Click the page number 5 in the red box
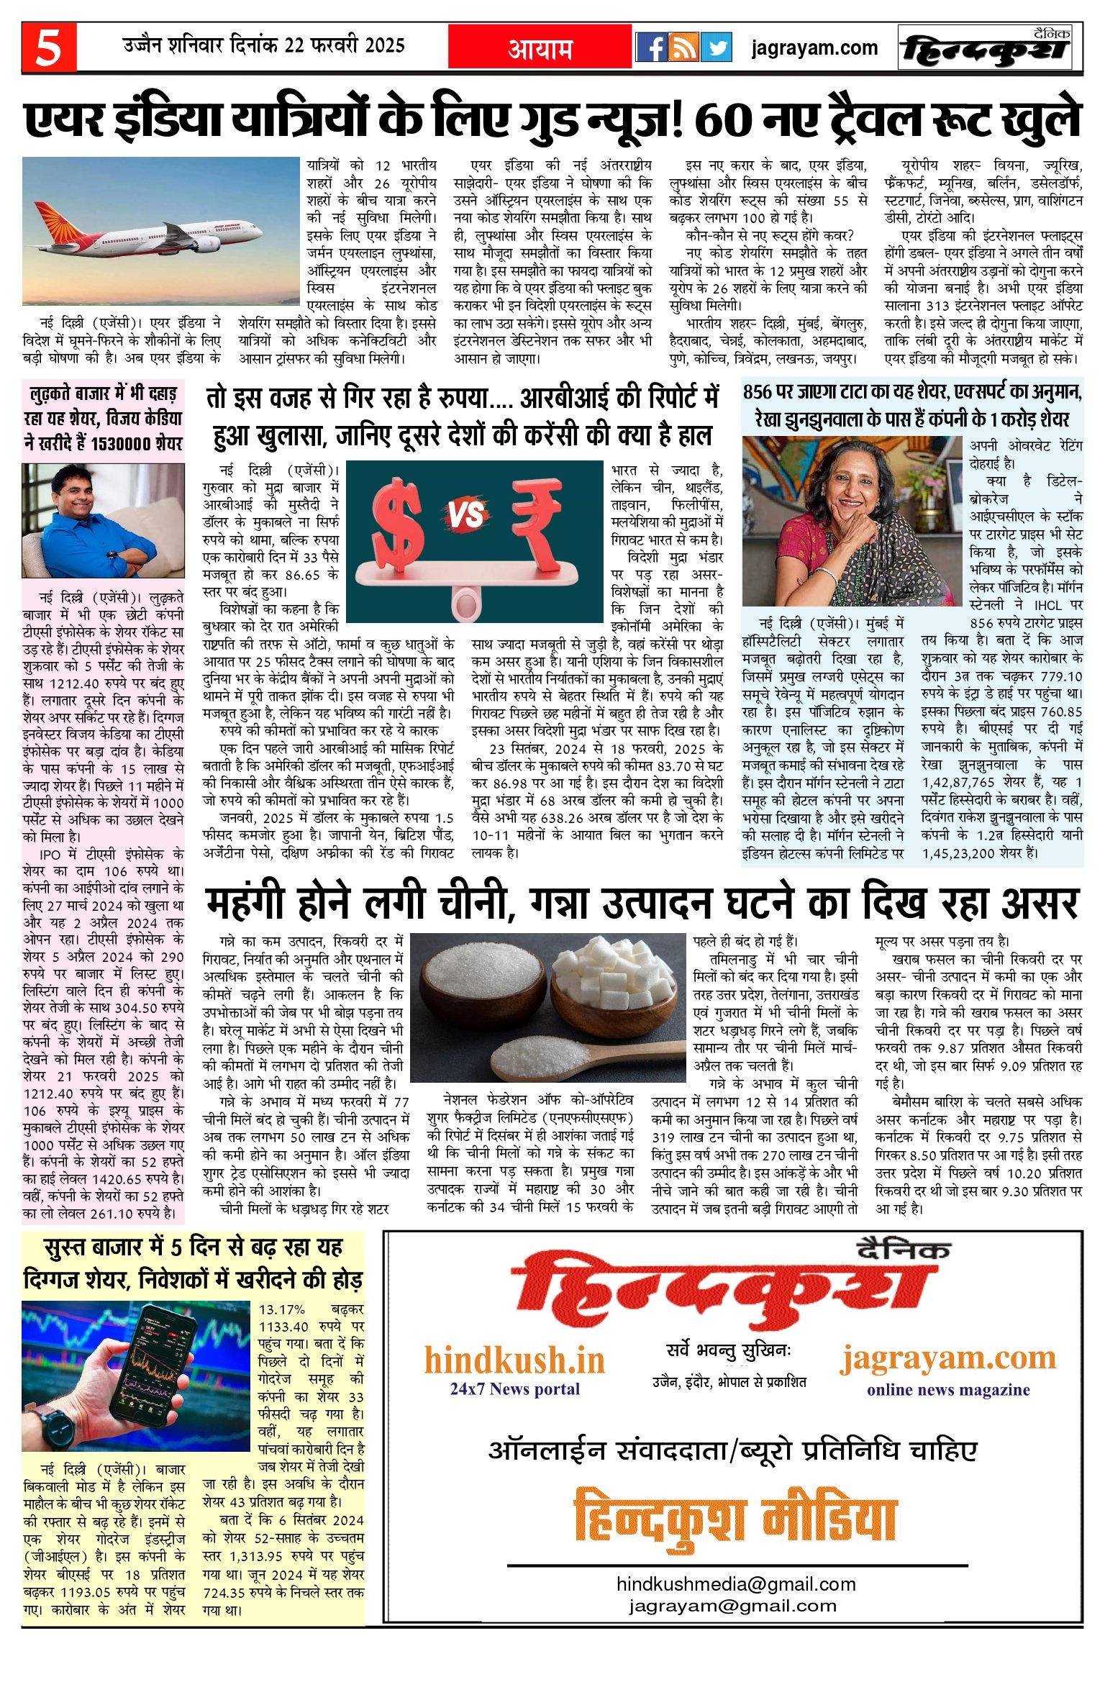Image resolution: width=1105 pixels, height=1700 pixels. click(x=49, y=47)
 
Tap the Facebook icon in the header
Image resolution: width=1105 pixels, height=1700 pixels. click(x=652, y=47)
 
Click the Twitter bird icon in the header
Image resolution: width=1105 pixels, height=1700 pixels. click(x=717, y=47)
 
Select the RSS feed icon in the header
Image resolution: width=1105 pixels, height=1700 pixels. click(x=684, y=47)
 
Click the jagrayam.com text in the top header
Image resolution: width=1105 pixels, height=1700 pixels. click(x=814, y=48)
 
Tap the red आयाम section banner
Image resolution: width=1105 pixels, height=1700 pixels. click(x=540, y=47)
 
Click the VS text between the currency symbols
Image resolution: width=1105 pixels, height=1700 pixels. click(x=466, y=515)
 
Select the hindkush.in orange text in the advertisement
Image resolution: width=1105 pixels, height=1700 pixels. click(x=514, y=1360)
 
